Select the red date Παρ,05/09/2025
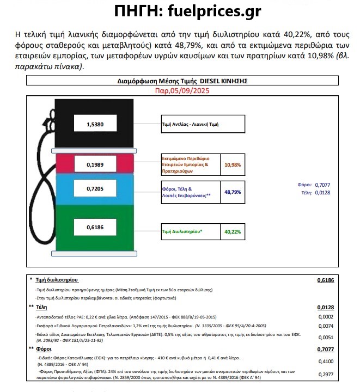click(182, 90)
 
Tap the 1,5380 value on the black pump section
click(95, 125)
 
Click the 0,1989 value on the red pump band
click(95, 164)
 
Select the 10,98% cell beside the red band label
click(233, 164)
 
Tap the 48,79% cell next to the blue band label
click(233, 192)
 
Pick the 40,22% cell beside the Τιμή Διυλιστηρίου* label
click(233, 231)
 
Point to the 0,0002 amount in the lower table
click(325, 316)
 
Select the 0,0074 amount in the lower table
click(325, 326)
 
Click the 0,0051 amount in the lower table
click(325, 338)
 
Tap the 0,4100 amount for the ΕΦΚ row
click(325, 360)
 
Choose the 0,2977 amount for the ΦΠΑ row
click(325, 375)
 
